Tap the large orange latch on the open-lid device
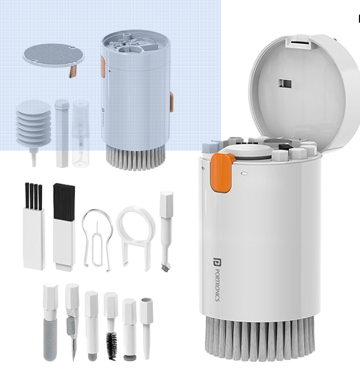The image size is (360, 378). pos(222,173)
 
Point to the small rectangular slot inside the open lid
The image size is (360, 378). pos(285,84)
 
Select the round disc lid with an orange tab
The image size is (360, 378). pos(53,55)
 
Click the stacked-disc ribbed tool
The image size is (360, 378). pos(34,126)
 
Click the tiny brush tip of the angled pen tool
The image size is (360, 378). pos(166,266)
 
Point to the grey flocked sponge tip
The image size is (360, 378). pos(50,339)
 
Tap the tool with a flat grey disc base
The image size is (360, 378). pos(129,357)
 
